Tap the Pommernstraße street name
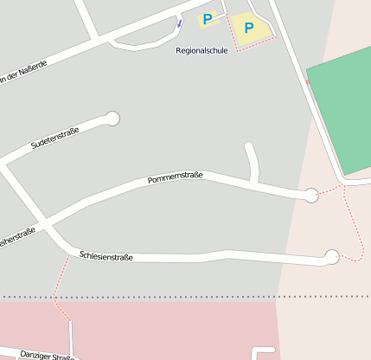[175, 177]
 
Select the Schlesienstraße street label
[106, 255]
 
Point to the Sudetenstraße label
[54, 136]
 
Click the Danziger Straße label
[44, 355]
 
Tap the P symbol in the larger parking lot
[249, 28]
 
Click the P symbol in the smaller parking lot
[208, 18]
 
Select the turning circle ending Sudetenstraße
[112, 118]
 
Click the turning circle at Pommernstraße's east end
[311, 196]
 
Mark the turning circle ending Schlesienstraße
[331, 255]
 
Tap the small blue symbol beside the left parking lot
[179, 23]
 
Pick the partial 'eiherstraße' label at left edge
[17, 236]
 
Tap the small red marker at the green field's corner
[307, 82]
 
